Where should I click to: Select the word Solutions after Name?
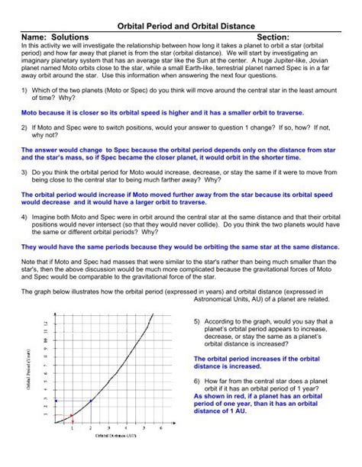click(67, 37)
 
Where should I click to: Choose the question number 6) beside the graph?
click(198, 379)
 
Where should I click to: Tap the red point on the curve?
click(71, 415)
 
